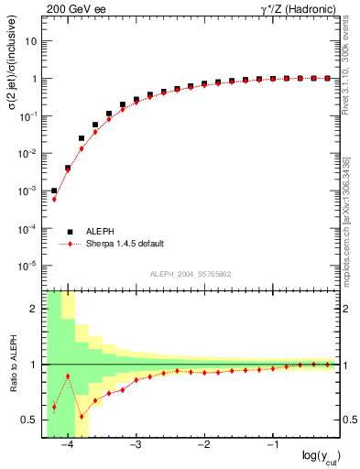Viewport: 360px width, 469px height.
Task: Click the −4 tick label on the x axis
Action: click(66, 446)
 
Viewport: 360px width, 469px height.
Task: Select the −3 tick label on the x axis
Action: click(135, 446)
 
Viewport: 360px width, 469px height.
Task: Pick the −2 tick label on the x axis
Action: click(203, 446)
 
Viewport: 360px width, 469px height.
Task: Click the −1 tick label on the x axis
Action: click(272, 446)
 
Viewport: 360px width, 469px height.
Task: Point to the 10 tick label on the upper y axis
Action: click(33, 41)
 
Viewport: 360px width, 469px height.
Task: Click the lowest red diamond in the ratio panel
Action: click(82, 417)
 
